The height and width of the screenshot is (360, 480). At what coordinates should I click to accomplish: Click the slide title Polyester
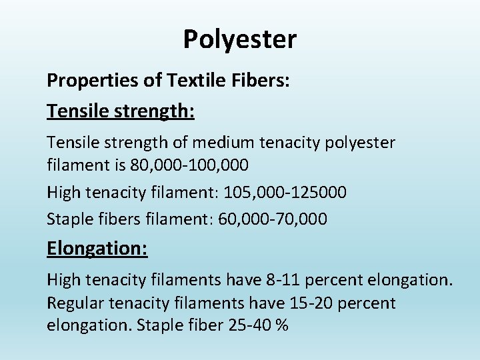click(240, 40)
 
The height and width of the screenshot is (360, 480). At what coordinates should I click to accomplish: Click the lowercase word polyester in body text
click(361, 143)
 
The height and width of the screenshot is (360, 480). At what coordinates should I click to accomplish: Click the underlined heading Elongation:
click(97, 249)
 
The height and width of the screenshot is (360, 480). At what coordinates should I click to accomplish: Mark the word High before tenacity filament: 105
click(63, 193)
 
